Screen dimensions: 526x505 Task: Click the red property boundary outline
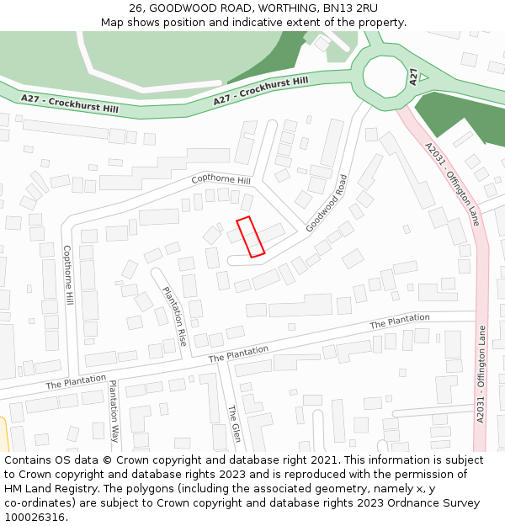[x=250, y=236]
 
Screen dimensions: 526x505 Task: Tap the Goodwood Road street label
[x=327, y=204]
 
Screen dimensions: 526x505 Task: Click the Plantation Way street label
[x=114, y=411]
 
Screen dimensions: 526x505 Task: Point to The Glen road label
[x=235, y=423]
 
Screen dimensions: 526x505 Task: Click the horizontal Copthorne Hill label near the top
[x=221, y=180]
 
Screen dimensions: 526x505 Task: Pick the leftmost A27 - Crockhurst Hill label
[x=70, y=104]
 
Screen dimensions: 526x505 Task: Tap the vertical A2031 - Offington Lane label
[x=481, y=374]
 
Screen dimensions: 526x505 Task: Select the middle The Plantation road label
[x=238, y=353]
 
